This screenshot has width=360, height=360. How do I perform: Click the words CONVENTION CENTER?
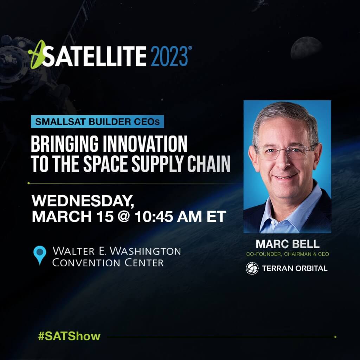(108, 262)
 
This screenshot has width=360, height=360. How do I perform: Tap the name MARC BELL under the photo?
(287, 244)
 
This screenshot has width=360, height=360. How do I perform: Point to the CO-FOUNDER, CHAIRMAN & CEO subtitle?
(287, 254)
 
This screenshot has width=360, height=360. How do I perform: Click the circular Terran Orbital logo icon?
(252, 268)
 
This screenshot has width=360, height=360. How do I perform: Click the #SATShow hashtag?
(69, 336)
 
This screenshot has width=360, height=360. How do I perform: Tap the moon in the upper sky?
(306, 48)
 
